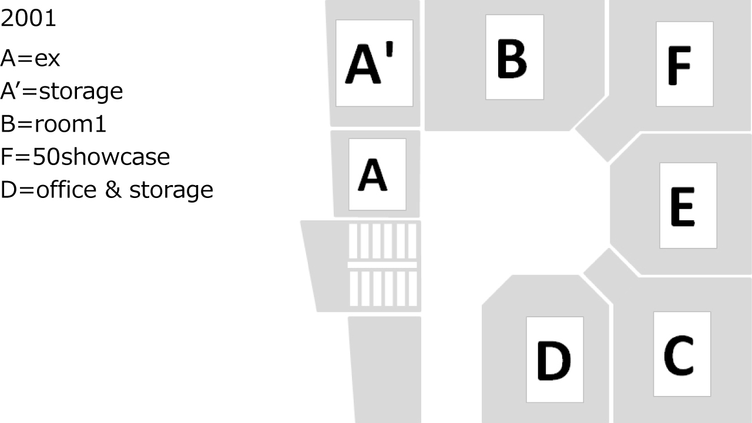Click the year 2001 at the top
coord(28,18)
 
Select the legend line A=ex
coord(30,58)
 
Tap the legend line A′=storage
coord(62,91)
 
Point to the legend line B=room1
coord(53,124)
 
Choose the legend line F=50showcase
coord(85,157)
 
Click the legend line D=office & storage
coord(107,190)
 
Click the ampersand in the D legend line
coord(113,190)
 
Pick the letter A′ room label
coord(370,63)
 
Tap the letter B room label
coord(512,59)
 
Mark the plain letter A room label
coord(372,174)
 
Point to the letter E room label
coord(683,207)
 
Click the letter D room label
coord(554,361)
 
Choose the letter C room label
coord(679,355)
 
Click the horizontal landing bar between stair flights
coord(382,265)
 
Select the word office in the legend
coord(66,189)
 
